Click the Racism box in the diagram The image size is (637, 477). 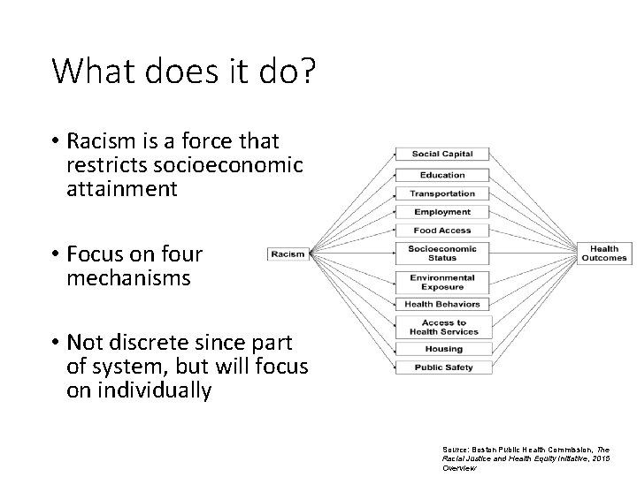click(x=288, y=254)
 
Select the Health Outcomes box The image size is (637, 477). click(x=604, y=254)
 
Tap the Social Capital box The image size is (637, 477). click(x=442, y=154)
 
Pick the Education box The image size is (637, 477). click(x=442, y=175)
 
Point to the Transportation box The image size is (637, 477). click(x=442, y=193)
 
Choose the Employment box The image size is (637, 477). click(x=442, y=212)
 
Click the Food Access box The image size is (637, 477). click(x=442, y=231)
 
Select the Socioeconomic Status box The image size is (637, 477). click(x=442, y=254)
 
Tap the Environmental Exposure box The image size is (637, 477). click(x=442, y=282)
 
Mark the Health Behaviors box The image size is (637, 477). click(x=442, y=305)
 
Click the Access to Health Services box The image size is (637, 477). click(x=442, y=327)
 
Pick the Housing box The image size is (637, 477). click(x=442, y=349)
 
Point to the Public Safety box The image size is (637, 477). click(x=442, y=367)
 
